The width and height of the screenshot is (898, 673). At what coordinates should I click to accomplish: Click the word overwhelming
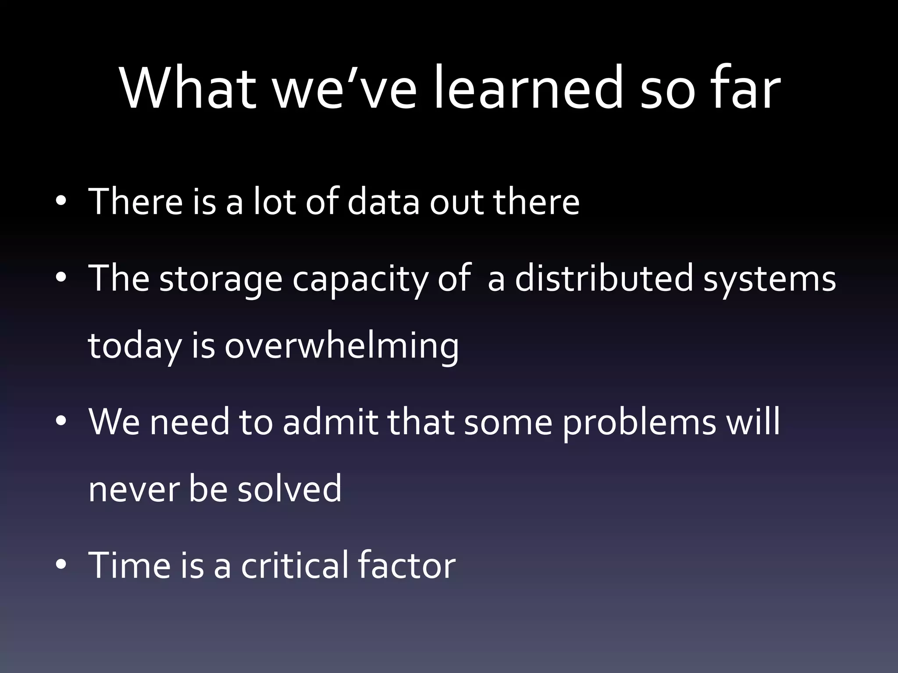342,346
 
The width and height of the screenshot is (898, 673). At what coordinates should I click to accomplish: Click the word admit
330,422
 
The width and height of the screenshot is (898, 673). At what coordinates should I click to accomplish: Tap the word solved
289,488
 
